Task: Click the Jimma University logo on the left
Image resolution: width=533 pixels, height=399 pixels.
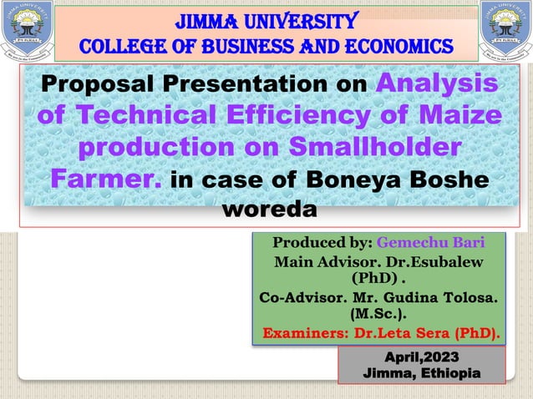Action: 26,32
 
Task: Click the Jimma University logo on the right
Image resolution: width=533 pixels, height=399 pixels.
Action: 505,32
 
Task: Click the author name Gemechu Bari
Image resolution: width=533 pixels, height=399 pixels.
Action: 430,243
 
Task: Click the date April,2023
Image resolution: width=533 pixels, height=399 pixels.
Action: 421,356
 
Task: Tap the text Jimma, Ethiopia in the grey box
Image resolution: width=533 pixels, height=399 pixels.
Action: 421,373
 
